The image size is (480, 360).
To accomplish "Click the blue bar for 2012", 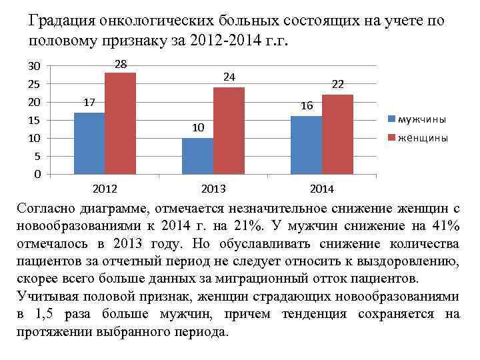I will coord(89,143).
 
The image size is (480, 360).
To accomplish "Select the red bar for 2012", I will coord(120,123).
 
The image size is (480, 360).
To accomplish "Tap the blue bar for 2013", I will coord(197,156).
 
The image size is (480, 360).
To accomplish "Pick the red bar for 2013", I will coord(229,131).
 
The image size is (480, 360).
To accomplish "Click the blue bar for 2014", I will coord(306,145).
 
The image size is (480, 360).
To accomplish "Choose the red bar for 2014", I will coord(337,134).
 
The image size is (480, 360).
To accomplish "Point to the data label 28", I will coord(121,64).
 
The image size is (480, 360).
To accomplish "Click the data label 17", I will coord(89,103).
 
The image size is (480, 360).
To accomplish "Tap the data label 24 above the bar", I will coord(229,77).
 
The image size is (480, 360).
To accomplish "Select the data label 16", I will coord(307,107).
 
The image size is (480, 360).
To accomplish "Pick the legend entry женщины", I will coord(423,138).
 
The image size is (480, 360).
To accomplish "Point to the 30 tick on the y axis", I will coord(34,66).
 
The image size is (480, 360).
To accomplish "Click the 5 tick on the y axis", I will coord(37,157).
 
